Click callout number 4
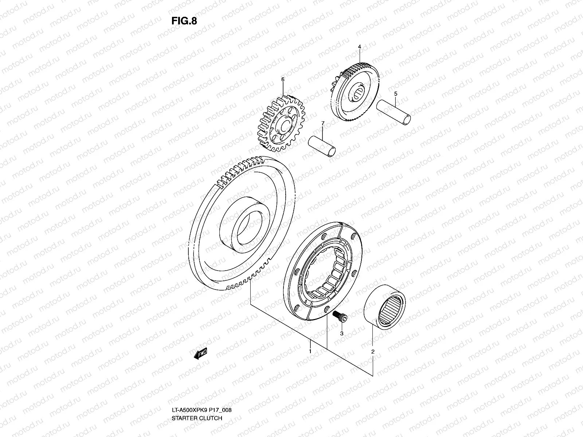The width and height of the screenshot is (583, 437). (359, 47)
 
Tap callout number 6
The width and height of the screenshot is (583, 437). (282, 79)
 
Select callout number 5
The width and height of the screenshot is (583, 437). (396, 94)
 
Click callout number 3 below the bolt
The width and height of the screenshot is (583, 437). (342, 333)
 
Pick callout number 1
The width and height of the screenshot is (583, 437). (310, 351)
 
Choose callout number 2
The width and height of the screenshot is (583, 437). (373, 352)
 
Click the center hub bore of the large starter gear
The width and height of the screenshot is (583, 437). (249, 229)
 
